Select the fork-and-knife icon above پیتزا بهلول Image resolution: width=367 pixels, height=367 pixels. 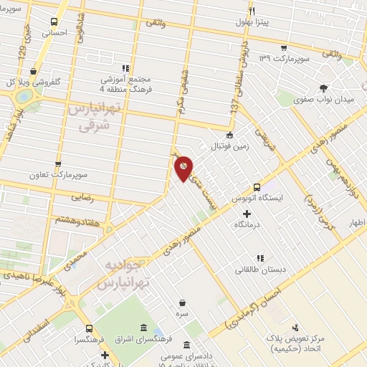pyautogui.click(x=252, y=11)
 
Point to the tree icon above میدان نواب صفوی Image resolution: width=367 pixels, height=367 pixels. pyautogui.click(x=323, y=87)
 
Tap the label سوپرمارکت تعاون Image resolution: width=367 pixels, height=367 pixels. pyautogui.click(x=58, y=174)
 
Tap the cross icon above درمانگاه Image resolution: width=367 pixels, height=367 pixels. pyautogui.click(x=247, y=214)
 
